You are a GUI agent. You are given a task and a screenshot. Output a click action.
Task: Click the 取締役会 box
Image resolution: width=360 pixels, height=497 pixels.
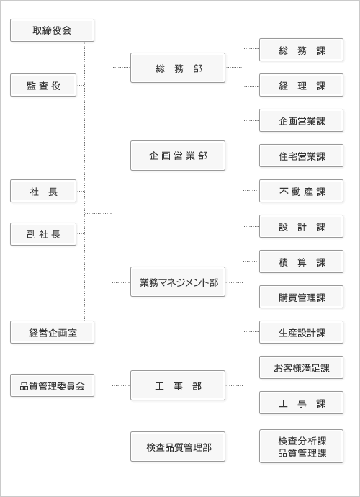coord(52,30)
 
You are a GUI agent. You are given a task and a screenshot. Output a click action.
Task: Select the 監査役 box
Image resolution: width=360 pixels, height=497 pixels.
coord(43,85)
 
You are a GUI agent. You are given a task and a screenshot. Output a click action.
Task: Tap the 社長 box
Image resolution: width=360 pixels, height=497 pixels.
coord(43,191)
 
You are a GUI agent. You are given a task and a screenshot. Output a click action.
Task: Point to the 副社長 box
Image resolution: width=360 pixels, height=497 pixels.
coord(43,234)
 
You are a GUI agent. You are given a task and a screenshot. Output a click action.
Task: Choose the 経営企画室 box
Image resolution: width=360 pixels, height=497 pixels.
coord(52,332)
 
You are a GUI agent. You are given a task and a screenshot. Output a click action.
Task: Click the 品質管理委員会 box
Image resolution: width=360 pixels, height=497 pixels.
coord(52,385)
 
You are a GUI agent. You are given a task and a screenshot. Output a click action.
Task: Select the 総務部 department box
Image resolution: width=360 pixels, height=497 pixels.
coord(178,68)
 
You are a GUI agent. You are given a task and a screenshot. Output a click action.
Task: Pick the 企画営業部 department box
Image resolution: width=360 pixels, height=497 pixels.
coord(178,156)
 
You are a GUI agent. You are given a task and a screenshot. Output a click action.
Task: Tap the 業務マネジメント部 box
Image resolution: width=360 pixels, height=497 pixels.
coord(178,282)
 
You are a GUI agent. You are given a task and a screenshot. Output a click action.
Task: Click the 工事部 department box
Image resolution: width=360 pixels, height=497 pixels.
coord(178,385)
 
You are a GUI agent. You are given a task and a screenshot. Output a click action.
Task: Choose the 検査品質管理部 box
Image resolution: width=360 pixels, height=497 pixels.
coord(178,447)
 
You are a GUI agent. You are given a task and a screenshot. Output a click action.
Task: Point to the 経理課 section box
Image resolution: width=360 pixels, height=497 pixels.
coord(302,85)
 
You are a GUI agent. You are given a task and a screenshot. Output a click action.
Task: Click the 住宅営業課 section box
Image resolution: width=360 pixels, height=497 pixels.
coord(302,156)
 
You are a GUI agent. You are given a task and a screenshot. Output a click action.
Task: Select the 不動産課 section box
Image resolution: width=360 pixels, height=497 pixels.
coord(302,191)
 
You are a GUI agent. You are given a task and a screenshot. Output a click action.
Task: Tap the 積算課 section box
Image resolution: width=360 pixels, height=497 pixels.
coord(302,261)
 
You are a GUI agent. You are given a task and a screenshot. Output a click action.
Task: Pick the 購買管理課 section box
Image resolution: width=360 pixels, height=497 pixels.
coord(302,297)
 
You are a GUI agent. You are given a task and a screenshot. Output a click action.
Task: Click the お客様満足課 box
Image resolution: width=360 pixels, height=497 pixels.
coord(302,367)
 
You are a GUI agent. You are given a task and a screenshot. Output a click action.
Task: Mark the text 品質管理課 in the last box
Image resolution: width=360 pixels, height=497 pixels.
coord(302,453)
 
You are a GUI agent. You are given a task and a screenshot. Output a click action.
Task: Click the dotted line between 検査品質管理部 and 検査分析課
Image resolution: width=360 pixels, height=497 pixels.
coord(243,447)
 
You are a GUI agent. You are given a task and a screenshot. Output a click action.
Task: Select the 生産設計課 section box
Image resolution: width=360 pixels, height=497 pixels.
coord(302,332)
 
